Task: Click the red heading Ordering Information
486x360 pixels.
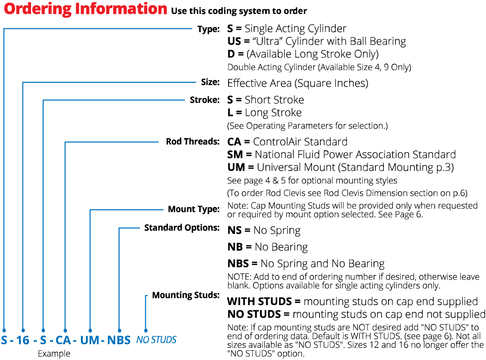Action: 85,9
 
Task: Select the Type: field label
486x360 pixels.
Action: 208,29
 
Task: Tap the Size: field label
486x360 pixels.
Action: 210,82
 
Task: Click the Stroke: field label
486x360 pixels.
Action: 205,100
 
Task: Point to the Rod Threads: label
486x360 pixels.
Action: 193,142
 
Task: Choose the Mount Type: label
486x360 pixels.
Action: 193,209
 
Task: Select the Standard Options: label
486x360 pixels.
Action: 182,228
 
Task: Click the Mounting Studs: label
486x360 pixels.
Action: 185,295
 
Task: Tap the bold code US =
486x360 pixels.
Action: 238,42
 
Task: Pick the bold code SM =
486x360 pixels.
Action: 239,155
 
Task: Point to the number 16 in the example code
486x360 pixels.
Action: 22,340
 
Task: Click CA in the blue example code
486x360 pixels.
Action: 63,340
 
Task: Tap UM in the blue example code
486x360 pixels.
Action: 90,340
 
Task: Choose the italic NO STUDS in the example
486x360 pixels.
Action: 156,340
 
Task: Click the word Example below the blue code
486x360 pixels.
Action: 54,354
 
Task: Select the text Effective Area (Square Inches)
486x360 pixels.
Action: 297,83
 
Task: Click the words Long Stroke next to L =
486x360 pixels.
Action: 273,112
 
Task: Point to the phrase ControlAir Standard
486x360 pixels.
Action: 300,142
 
